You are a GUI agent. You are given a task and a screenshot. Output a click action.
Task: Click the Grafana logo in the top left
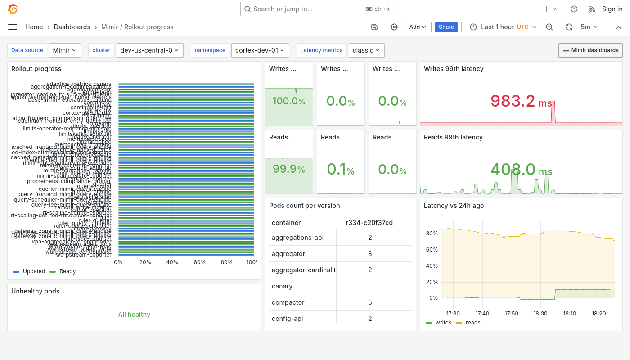[x=13, y=9]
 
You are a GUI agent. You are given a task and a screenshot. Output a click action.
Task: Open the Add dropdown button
[x=418, y=27]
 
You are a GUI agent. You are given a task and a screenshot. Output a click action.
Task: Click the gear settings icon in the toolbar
[x=394, y=27]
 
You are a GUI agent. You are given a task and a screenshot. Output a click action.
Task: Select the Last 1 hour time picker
[x=503, y=27]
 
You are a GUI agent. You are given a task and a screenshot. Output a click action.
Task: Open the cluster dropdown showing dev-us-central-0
[x=149, y=50]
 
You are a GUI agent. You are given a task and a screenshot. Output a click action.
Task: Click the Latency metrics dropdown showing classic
[x=366, y=50]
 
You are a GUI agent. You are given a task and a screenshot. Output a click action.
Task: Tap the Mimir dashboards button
[x=590, y=50]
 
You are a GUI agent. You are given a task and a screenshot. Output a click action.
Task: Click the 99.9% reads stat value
[x=289, y=170]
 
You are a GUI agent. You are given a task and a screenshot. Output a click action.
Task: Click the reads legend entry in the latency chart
[x=472, y=323]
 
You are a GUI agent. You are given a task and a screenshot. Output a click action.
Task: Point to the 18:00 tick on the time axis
[x=540, y=314]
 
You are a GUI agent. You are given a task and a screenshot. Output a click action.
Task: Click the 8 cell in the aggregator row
[x=370, y=254]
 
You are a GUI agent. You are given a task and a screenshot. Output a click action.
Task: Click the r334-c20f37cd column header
[x=369, y=223]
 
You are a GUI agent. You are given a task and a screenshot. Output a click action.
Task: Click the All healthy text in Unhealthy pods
[x=134, y=315]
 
